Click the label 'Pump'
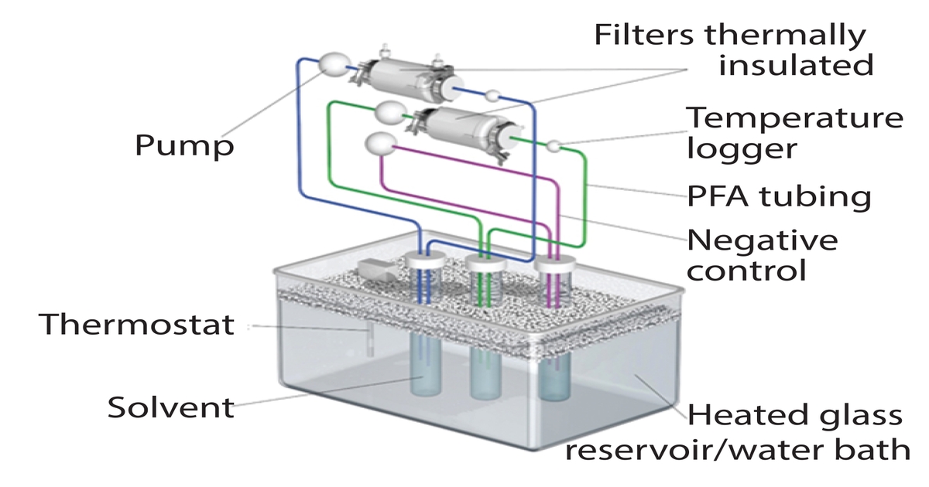click(x=184, y=145)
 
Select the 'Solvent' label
click(x=170, y=407)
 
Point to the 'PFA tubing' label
click(x=779, y=196)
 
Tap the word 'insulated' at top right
click(x=796, y=65)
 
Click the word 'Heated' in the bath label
click(x=737, y=415)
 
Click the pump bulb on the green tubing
click(x=389, y=112)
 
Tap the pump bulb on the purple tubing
click(x=379, y=144)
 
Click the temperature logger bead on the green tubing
click(x=553, y=145)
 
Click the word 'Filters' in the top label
click(x=646, y=35)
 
